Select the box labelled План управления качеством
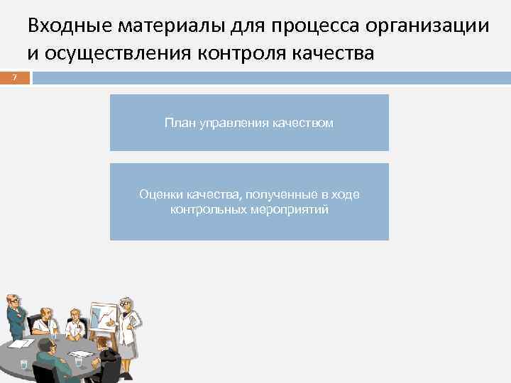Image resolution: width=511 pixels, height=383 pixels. (x=249, y=123)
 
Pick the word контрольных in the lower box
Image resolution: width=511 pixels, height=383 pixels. (x=207, y=210)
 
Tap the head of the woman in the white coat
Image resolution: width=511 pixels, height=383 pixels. (x=126, y=304)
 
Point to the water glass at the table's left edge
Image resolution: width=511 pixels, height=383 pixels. (x=23, y=364)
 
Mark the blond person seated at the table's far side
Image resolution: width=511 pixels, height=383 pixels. (x=74, y=323)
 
